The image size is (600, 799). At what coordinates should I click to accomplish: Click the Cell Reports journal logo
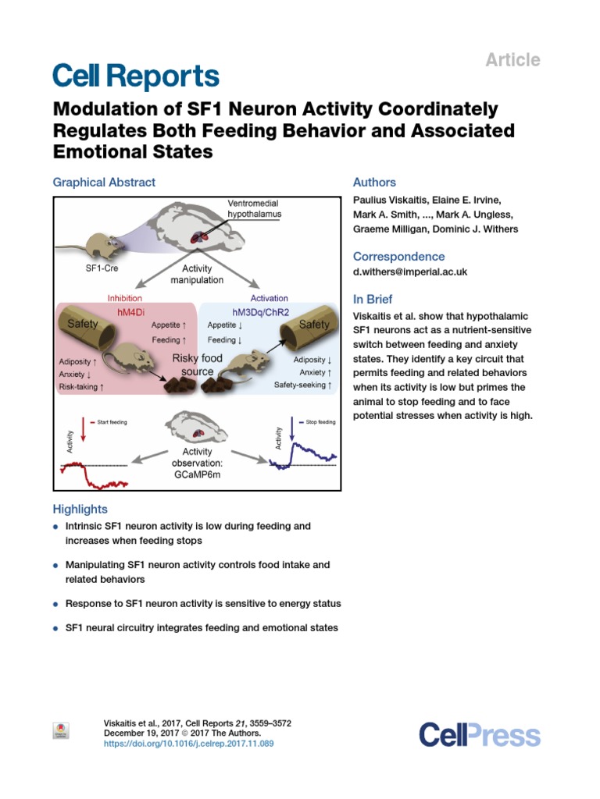[135, 76]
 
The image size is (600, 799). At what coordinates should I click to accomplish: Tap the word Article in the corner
[513, 60]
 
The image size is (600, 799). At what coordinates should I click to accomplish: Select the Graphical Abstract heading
[104, 182]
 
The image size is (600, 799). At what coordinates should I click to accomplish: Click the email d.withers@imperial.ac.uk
[422, 272]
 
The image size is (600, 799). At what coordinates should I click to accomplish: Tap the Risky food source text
[198, 364]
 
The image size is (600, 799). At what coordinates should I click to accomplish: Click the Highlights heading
[80, 509]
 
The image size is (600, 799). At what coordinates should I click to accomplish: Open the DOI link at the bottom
[188, 744]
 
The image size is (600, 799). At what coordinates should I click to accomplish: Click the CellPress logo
[479, 735]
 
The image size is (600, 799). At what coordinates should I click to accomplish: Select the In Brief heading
[373, 300]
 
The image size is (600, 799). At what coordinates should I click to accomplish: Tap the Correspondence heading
[398, 257]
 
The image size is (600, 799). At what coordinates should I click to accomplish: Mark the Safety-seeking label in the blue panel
[303, 385]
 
